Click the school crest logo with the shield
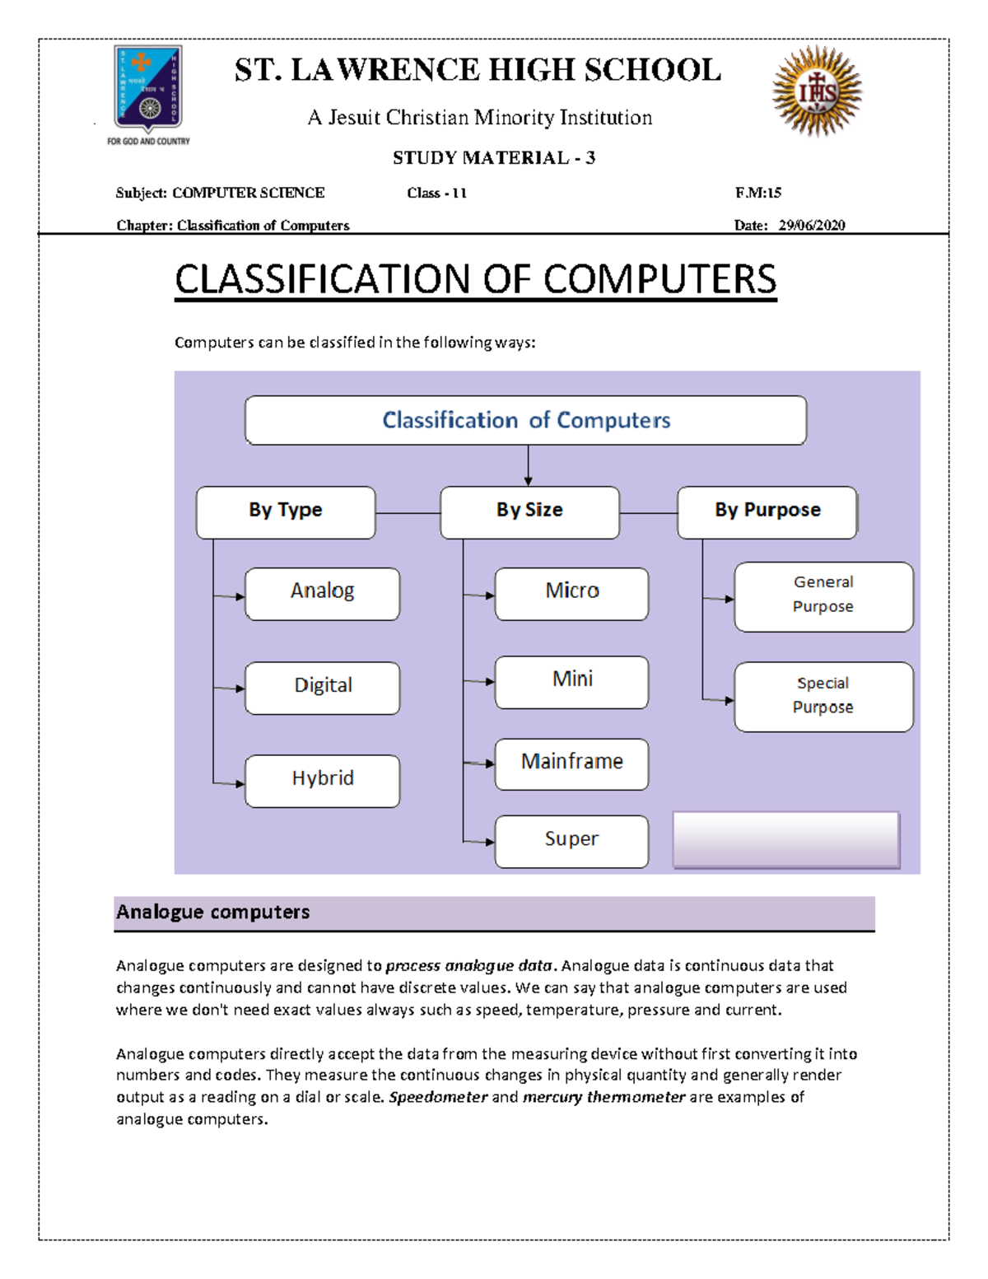148,89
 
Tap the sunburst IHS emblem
817,91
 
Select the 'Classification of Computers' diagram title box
525,420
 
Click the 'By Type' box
286,511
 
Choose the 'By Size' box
529,511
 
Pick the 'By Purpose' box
767,511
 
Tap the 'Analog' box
322,593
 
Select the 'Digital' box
322,687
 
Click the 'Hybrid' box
322,780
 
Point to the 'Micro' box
571,593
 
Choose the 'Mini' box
571,681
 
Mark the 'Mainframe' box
571,763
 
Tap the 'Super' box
571,841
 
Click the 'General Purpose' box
823,596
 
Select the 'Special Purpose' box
823,696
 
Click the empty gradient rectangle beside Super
786,839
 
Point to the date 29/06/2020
811,225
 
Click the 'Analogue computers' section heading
213,912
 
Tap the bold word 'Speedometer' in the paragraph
438,1097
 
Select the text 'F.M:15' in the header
757,193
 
